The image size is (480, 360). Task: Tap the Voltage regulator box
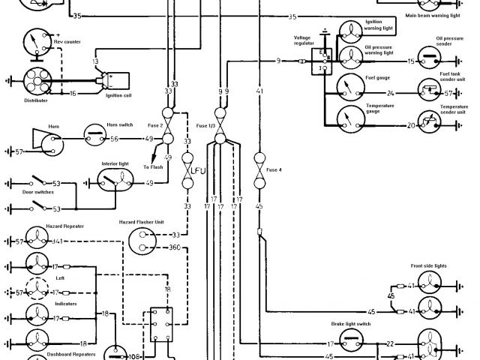tap(322, 61)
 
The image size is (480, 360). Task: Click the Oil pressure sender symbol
tap(429, 61)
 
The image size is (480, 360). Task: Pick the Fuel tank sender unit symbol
tap(429, 94)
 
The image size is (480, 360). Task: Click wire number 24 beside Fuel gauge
tap(390, 94)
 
